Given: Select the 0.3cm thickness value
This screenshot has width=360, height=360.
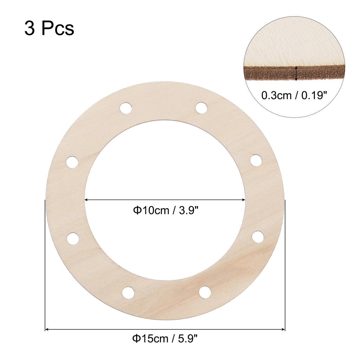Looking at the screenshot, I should pyautogui.click(x=275, y=95).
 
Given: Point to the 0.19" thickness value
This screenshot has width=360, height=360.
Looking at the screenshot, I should pyautogui.click(x=312, y=95).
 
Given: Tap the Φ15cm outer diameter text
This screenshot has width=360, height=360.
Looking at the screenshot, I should pyautogui.click(x=148, y=340).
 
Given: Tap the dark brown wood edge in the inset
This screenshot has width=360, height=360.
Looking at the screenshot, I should pyautogui.click(x=267, y=72).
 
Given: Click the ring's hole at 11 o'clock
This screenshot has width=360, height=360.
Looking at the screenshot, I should pyautogui.click(x=126, y=108).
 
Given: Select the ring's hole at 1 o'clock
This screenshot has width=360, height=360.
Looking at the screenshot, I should pyautogui.click(x=201, y=108).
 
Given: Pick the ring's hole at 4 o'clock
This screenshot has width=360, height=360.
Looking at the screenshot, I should pyautogui.click(x=258, y=236).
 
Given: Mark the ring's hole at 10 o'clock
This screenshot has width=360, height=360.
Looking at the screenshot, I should pyautogui.click(x=72, y=162).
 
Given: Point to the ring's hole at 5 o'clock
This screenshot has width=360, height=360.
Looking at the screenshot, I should pyautogui.click(x=204, y=291).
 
